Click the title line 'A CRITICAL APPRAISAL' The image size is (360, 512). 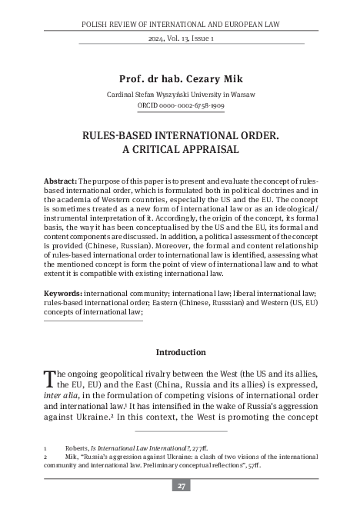tap(179, 148)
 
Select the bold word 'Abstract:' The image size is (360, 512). tap(60, 181)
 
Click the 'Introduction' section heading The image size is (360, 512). tap(179, 353)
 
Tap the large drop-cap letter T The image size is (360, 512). tap(51, 377)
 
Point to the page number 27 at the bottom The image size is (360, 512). tap(179, 485)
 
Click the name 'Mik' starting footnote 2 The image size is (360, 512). tap(74, 456)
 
